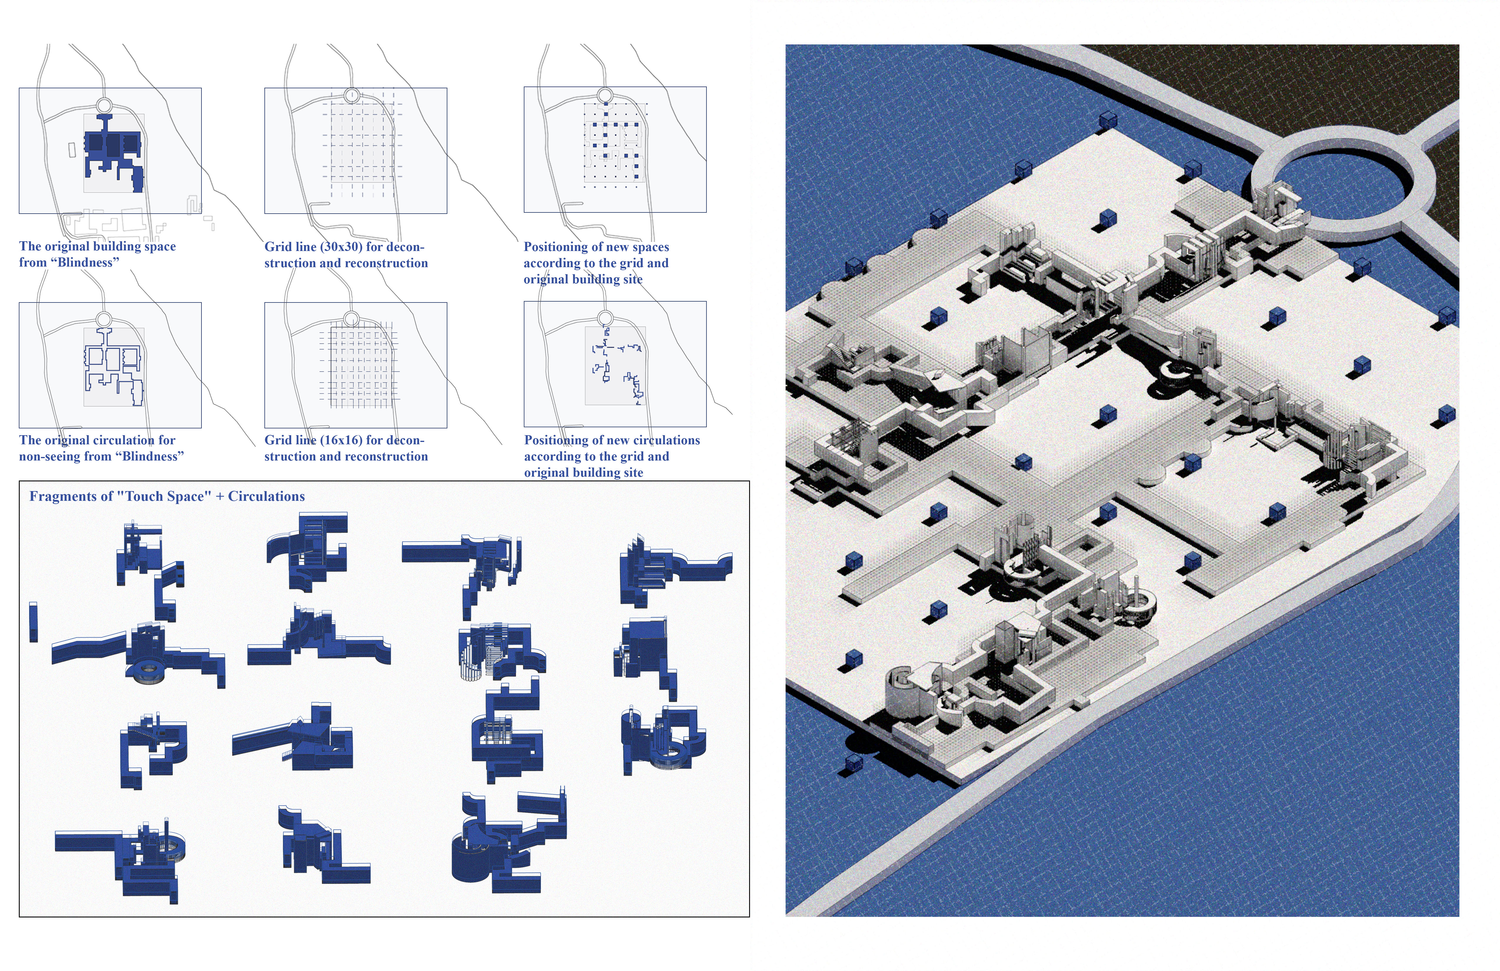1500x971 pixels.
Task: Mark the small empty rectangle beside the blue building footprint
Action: (72, 149)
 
